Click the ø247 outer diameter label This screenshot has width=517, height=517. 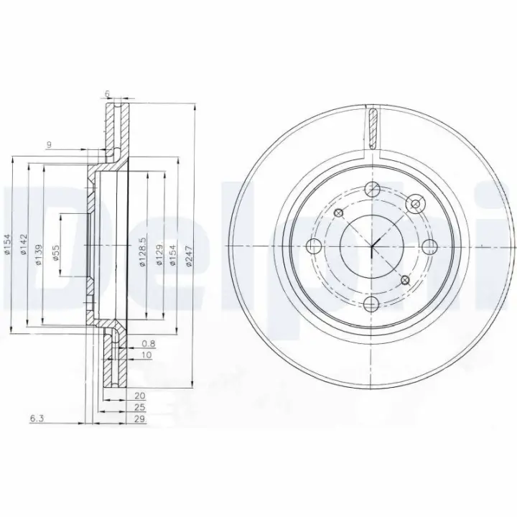(x=188, y=256)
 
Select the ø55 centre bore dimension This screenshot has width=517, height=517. (x=56, y=252)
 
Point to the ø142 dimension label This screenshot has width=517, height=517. (x=23, y=244)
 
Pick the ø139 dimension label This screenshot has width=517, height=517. (x=38, y=255)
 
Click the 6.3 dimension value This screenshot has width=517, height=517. (x=37, y=419)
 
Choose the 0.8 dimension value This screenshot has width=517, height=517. (x=149, y=344)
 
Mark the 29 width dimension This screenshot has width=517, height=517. (x=140, y=419)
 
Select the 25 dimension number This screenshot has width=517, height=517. (x=140, y=407)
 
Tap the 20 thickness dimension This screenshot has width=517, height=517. (x=140, y=396)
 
